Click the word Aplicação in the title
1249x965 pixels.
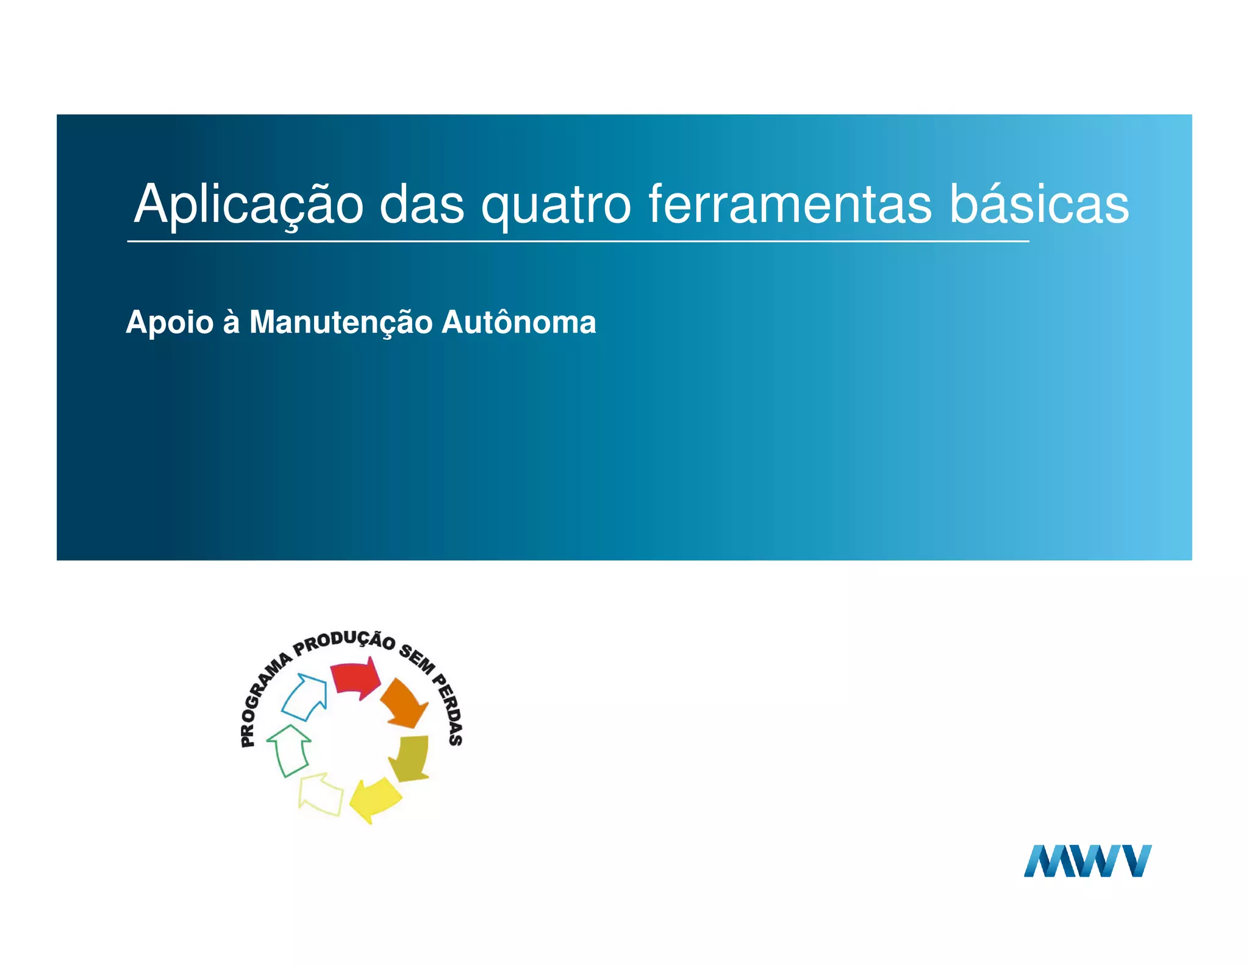point(249,205)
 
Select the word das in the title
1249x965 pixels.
point(422,205)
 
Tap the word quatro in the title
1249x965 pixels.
point(556,205)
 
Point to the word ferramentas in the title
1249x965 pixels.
point(790,205)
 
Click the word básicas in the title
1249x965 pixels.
point(1039,205)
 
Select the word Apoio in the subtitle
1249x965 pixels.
point(170,322)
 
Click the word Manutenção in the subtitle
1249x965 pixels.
point(341,322)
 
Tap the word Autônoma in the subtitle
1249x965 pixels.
point(518,322)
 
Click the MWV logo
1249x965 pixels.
point(1087,861)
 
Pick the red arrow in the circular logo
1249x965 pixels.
point(356,678)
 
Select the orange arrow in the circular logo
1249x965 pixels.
point(404,703)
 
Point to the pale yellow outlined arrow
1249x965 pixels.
point(321,794)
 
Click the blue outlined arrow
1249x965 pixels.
point(306,696)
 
